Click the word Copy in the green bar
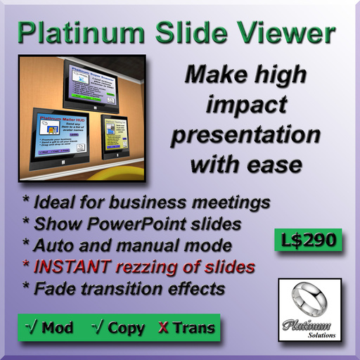(126, 327)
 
